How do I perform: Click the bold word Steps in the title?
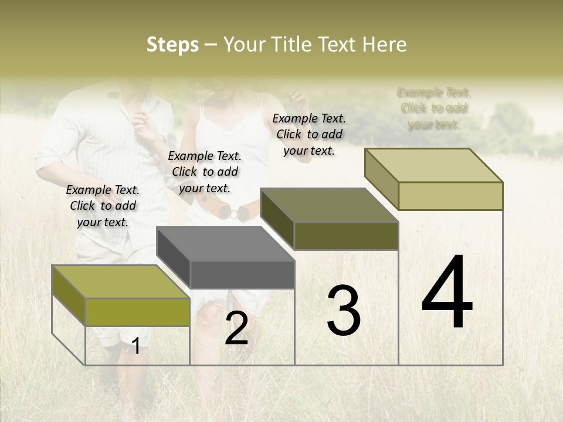[172, 45]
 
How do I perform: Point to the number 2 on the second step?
[236, 328]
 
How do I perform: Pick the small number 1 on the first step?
[136, 346]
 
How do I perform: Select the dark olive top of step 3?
[328, 205]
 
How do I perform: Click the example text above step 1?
[103, 206]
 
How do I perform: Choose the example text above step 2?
[205, 172]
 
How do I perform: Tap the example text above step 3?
[309, 134]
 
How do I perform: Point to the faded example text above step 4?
[434, 108]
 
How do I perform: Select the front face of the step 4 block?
[450, 196]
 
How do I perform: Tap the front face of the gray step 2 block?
[242, 274]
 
